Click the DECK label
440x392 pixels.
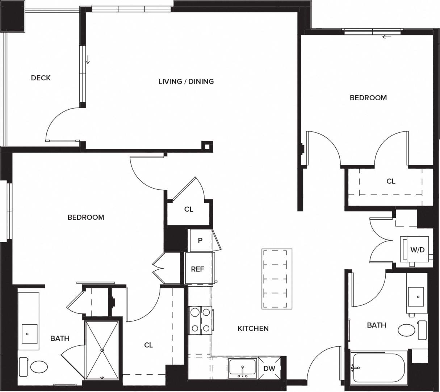41,78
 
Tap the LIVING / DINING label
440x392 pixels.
186,81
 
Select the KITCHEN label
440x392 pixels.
253,328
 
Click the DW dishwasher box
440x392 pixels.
269,368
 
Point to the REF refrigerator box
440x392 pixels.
197,269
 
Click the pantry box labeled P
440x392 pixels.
200,240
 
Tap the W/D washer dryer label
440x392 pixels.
417,250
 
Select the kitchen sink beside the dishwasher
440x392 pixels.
243,368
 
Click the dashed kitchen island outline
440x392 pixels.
277,279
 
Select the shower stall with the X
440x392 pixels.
102,350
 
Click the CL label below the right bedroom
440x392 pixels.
391,181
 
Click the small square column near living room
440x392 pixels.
206,146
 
